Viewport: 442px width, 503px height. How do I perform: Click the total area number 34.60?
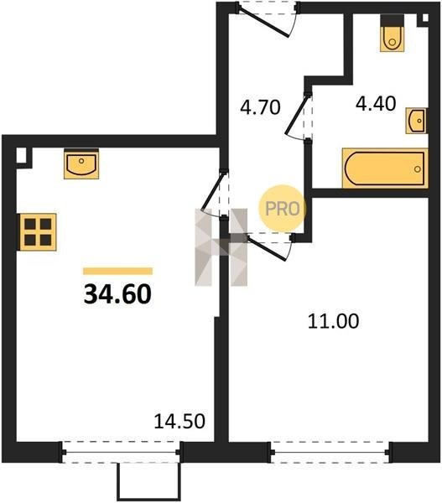(x=117, y=294)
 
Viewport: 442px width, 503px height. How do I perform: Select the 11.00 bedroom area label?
(x=333, y=321)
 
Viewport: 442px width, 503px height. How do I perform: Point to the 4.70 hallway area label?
(x=260, y=107)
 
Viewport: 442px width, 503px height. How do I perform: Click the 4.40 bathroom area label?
(x=376, y=104)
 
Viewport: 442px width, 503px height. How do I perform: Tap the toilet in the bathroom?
(x=392, y=34)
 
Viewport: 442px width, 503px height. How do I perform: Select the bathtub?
(x=385, y=169)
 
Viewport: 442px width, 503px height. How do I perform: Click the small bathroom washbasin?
(x=416, y=121)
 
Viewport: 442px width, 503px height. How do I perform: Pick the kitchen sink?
(x=81, y=163)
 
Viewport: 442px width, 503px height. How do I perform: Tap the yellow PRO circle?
(x=282, y=209)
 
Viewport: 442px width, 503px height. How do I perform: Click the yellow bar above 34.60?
(x=117, y=271)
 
